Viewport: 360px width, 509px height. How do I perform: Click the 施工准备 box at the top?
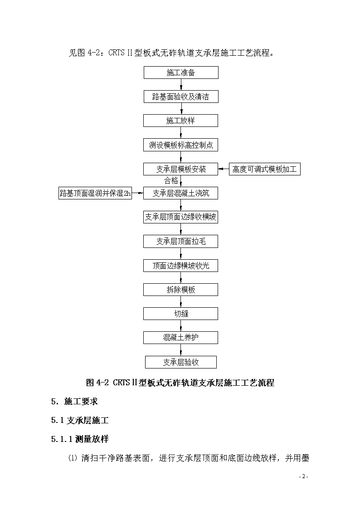[x=181, y=73]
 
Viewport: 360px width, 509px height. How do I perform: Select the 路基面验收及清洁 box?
[x=181, y=97]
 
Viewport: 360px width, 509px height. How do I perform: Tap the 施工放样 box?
[x=181, y=121]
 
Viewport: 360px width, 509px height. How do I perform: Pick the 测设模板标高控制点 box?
[x=181, y=145]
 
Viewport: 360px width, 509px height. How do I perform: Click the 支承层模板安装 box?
[x=181, y=169]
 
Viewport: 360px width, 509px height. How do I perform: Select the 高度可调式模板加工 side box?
[x=265, y=169]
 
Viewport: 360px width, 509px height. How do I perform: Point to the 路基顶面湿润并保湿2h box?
[x=95, y=193]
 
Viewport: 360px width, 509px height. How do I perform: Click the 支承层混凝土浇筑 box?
[x=181, y=193]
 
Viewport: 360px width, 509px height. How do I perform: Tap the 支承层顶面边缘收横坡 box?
[x=181, y=217]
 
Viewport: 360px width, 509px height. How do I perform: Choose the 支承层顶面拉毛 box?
[x=181, y=242]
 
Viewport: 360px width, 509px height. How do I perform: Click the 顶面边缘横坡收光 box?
[x=181, y=266]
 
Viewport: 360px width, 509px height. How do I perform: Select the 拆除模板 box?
[x=181, y=290]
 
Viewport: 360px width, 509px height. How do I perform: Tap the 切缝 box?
[x=181, y=314]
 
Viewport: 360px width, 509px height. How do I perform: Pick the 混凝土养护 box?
[x=181, y=338]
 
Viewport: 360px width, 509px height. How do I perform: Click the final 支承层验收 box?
[x=181, y=362]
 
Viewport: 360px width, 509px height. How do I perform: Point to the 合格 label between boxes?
[x=171, y=180]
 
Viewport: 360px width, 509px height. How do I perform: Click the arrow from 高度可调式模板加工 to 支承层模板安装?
[x=224, y=169]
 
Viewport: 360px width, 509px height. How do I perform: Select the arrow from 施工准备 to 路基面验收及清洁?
[x=181, y=85]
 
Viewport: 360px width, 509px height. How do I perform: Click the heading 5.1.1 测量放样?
[x=80, y=439]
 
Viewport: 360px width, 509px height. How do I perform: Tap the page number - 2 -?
[x=303, y=476]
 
